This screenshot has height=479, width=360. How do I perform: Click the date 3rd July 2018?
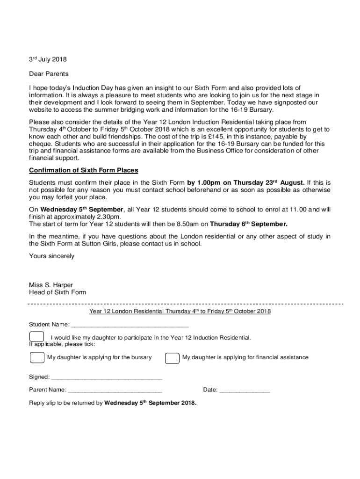coord(48,59)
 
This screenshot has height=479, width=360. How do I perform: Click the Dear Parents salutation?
coord(49,74)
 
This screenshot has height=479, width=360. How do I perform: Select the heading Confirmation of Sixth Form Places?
coord(84,170)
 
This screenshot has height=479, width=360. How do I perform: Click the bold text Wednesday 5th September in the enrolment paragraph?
coord(82,210)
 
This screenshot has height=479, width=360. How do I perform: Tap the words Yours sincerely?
coord(51,256)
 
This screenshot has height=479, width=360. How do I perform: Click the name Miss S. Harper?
coord(51,285)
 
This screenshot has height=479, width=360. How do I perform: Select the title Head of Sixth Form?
coord(58,292)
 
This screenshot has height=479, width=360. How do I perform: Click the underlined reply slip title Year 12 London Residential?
coord(180,312)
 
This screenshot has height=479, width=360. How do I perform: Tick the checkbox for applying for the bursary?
coord(36,357)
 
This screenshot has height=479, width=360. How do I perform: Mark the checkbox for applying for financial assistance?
coord(172,357)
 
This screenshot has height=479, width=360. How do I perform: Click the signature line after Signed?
coord(106,377)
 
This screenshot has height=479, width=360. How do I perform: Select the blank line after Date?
coord(245,390)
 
